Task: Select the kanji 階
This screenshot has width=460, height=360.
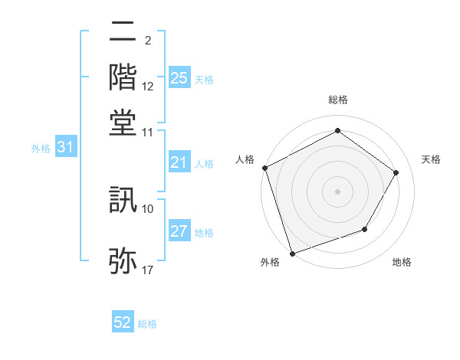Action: (123, 77)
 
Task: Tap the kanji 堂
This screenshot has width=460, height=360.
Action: (123, 119)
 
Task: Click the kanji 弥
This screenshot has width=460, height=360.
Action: (123, 260)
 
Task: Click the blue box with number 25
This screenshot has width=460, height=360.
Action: (179, 78)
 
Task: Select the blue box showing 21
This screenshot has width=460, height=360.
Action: (179, 162)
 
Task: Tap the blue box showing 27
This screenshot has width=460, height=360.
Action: (179, 232)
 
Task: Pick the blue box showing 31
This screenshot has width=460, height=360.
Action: (64, 148)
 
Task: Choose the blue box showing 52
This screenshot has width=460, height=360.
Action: (123, 323)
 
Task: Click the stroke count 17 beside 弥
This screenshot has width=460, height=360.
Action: (148, 270)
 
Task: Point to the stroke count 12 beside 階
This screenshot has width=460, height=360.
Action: (148, 87)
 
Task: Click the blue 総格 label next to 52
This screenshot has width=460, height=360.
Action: (147, 324)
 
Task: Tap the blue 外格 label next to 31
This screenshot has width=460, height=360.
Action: (41, 149)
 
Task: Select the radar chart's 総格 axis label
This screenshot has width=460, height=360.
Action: (337, 100)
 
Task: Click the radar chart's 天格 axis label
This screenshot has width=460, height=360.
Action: (431, 159)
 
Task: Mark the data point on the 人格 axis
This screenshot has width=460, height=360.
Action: (264, 168)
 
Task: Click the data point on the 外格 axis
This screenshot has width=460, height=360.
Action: (292, 253)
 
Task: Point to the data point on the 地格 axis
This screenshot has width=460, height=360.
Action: (365, 229)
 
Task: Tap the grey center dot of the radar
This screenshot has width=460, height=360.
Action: (337, 191)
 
